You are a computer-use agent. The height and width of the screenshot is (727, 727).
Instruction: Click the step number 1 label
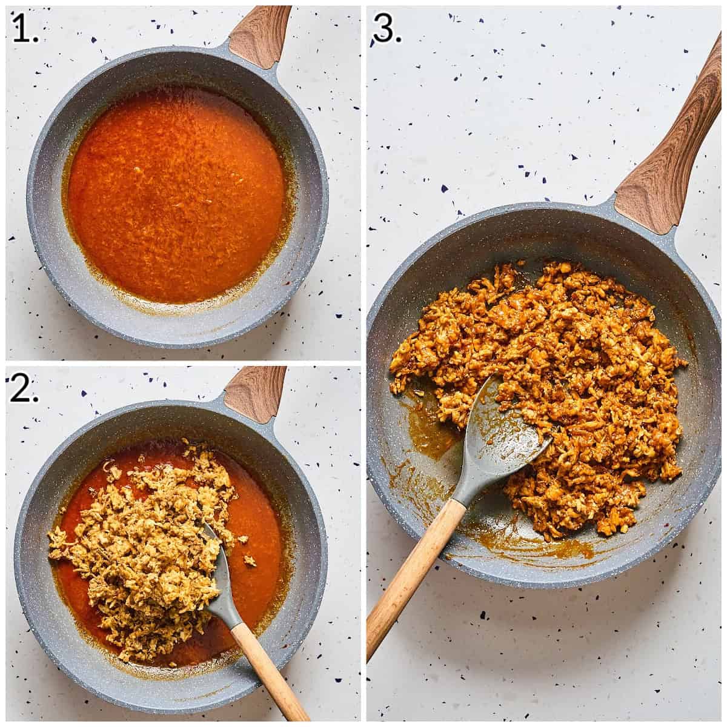click(x=25, y=29)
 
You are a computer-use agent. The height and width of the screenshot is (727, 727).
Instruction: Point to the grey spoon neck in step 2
click(x=231, y=612)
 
